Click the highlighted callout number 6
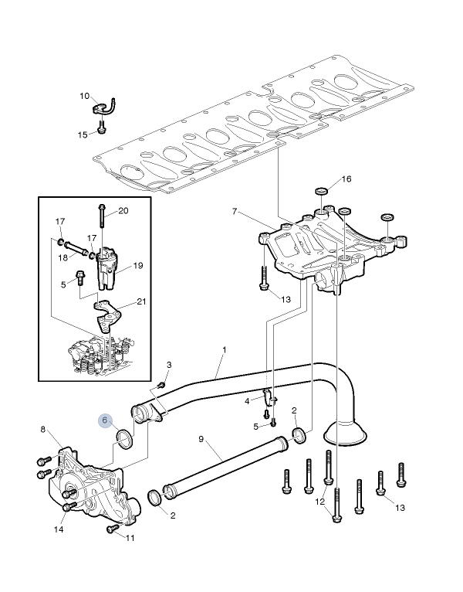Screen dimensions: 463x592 tap(105, 420)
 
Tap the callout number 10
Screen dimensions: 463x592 tap(84, 96)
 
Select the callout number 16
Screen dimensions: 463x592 tap(346, 179)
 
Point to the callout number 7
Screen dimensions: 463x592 tap(235, 212)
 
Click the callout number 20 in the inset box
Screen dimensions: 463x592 tap(123, 211)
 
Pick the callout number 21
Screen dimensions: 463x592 tap(141, 301)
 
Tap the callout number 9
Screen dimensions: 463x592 tap(201, 439)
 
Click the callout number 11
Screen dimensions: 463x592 tap(130, 538)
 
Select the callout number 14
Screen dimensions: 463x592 tap(59, 529)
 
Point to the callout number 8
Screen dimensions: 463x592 tap(43, 429)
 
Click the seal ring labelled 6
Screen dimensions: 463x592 tap(124, 440)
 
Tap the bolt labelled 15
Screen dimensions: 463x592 tap(101, 126)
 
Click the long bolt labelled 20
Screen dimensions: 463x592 tap(102, 216)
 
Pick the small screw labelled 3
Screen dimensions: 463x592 tap(161, 385)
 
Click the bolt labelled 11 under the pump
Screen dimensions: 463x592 tap(111, 529)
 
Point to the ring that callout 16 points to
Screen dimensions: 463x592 tap(321, 191)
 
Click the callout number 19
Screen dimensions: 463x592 tap(138, 266)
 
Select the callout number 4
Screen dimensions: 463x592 tap(247, 401)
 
